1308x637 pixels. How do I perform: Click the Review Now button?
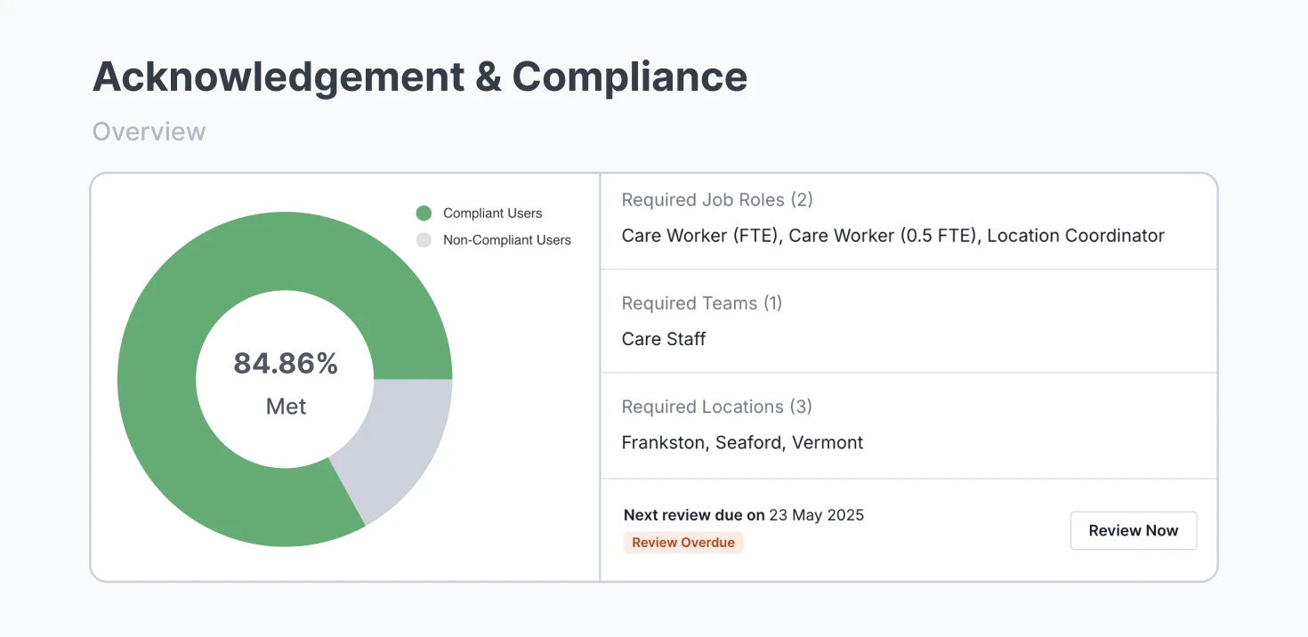click(1133, 530)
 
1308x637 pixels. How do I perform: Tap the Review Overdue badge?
click(683, 543)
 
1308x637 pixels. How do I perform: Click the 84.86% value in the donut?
click(286, 363)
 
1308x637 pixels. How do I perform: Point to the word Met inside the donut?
click(286, 407)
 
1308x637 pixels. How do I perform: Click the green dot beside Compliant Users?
click(424, 214)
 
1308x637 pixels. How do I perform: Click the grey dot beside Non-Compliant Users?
click(424, 240)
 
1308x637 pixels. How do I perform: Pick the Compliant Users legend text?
click(492, 214)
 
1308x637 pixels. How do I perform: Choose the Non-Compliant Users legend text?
click(506, 240)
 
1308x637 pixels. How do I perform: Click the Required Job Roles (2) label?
click(717, 200)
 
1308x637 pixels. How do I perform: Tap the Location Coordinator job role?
click(1075, 236)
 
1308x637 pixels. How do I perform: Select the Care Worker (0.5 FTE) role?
click(882, 236)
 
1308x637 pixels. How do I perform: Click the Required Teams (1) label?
click(701, 303)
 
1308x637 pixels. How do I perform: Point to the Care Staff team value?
click(664, 339)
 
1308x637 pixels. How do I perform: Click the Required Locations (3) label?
click(716, 407)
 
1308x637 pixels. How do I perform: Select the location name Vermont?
click(828, 443)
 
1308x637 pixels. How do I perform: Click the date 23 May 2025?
click(816, 515)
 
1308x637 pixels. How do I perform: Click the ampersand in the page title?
click(488, 77)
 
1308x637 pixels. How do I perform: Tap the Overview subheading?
click(149, 132)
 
